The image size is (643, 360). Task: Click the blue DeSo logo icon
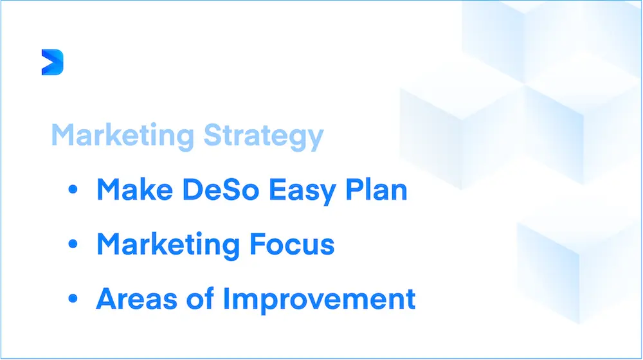(53, 62)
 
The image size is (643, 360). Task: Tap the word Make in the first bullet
(134, 190)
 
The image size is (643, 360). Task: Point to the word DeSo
(221, 190)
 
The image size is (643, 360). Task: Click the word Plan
(376, 189)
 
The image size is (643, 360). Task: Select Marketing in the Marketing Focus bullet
(168, 245)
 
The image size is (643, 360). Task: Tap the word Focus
(292, 244)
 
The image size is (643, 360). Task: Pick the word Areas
(136, 298)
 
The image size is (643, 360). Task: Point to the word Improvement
(320, 300)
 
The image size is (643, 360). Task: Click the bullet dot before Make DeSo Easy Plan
(73, 189)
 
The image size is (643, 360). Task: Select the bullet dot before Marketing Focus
(73, 244)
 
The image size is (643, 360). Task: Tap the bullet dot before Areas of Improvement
(73, 298)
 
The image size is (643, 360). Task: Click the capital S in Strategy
(213, 134)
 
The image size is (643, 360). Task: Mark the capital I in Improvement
(226, 298)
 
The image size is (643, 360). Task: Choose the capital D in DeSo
(193, 190)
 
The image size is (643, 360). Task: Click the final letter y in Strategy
(315, 139)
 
